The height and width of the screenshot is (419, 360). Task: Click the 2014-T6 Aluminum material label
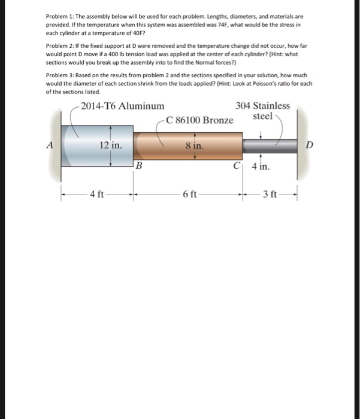[122, 106]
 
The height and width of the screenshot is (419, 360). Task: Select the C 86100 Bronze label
[200, 120]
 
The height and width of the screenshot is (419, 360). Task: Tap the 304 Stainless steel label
[263, 111]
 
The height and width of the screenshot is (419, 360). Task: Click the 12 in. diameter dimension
[111, 145]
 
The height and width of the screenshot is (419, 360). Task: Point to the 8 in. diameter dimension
[194, 145]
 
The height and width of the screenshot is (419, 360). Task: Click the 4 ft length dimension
[96, 194]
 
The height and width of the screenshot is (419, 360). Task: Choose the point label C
[238, 166]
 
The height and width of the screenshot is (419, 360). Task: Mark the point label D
[309, 145]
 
